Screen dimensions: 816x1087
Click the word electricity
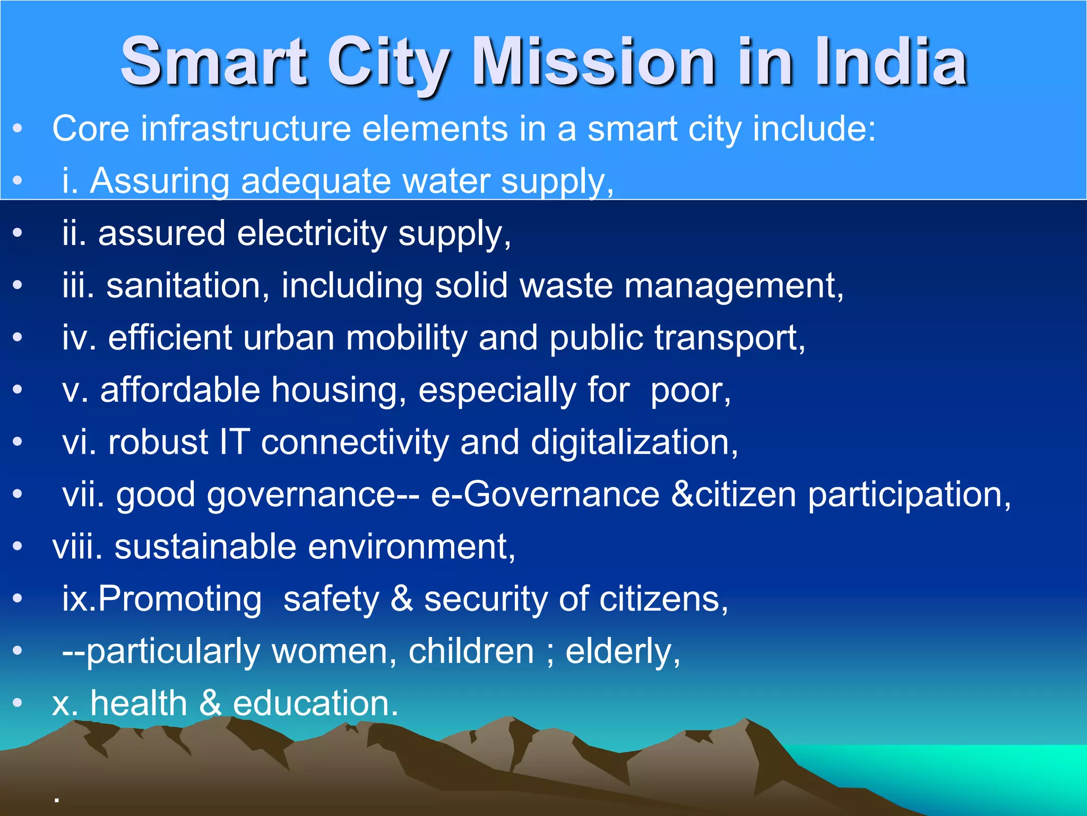[x=312, y=233]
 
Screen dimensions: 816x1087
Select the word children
[x=471, y=651]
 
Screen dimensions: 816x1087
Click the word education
[x=315, y=703]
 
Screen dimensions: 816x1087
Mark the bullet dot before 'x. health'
[x=18, y=703]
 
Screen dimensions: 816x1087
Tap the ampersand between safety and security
[x=402, y=599]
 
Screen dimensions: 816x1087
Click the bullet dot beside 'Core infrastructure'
[x=18, y=129]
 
